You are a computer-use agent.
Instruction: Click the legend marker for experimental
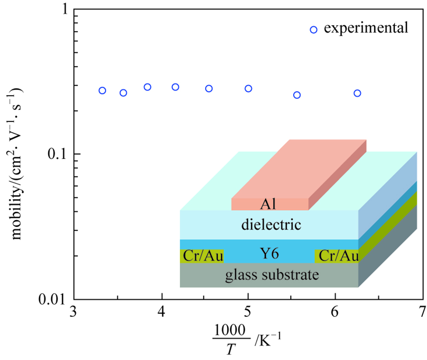click(x=313, y=29)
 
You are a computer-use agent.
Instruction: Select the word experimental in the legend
click(x=366, y=29)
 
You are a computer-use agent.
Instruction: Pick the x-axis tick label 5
click(x=249, y=310)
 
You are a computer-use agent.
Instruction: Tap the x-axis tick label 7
click(x=421, y=310)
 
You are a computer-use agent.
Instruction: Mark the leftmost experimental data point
click(x=102, y=90)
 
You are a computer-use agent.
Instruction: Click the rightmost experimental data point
click(x=357, y=93)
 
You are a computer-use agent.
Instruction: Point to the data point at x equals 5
click(x=249, y=88)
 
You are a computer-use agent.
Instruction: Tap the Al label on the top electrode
click(x=268, y=205)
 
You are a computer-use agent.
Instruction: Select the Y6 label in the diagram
click(x=269, y=255)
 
